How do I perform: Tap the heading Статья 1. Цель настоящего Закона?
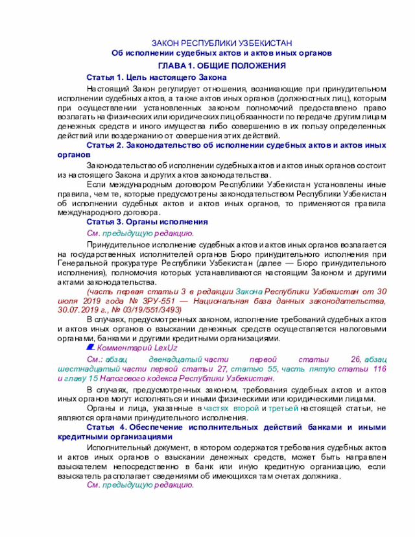[x=156, y=77]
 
